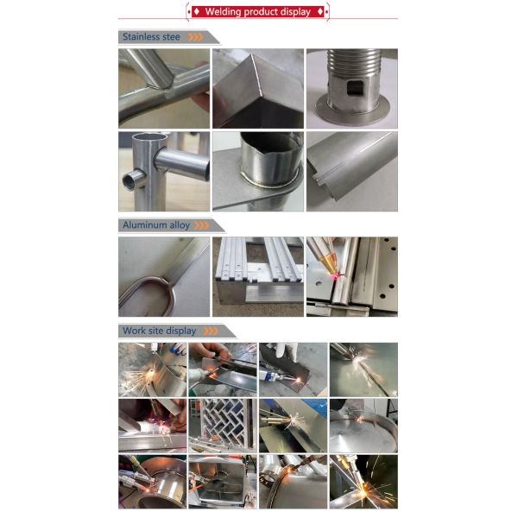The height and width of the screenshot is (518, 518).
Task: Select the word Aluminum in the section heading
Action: (x=144, y=225)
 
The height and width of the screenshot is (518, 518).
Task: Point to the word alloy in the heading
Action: (x=180, y=225)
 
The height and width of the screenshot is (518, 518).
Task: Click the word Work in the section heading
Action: (x=133, y=331)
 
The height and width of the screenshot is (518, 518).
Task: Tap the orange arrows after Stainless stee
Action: (x=196, y=37)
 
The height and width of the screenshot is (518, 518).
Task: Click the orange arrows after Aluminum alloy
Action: (x=202, y=225)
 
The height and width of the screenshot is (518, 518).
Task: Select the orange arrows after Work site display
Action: (x=212, y=331)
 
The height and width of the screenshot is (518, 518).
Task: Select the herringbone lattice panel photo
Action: (x=223, y=426)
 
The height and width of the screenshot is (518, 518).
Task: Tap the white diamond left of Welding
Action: (x=197, y=12)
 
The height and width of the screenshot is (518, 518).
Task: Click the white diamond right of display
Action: (x=320, y=12)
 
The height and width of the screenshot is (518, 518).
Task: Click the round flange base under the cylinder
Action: (x=353, y=112)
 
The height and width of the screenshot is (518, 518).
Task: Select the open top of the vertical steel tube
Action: (x=149, y=136)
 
